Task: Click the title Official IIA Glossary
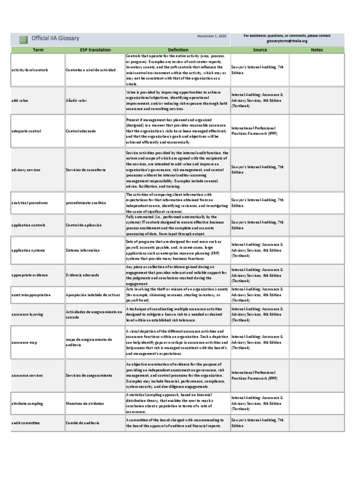(x=55, y=38)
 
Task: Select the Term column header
(x=37, y=50)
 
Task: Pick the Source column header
(x=259, y=50)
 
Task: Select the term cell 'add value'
(x=21, y=100)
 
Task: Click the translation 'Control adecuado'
(x=81, y=131)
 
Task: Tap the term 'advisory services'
(x=26, y=169)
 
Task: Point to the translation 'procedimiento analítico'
(x=86, y=203)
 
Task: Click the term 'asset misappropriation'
(x=31, y=295)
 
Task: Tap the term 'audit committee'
(x=26, y=423)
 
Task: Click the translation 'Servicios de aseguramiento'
(x=89, y=375)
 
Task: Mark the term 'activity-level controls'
(x=31, y=70)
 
